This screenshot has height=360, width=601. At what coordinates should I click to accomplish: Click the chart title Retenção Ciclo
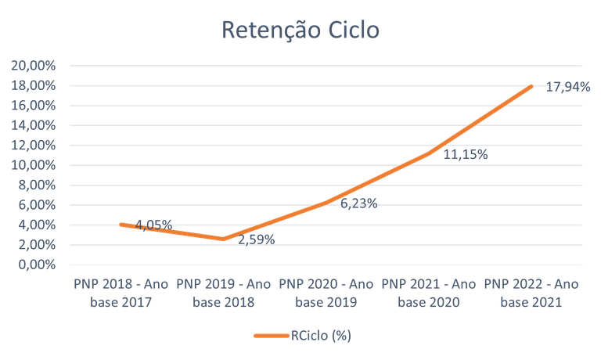click(300, 30)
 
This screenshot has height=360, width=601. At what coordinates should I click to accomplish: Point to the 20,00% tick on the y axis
click(34, 65)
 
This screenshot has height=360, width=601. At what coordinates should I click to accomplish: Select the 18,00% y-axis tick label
click(34, 85)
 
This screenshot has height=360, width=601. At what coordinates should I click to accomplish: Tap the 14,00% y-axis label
click(34, 125)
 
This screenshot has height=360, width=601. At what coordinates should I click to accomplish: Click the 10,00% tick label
click(34, 165)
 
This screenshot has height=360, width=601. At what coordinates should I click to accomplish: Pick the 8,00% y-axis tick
click(37, 185)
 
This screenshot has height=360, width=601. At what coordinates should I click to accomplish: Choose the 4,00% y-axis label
click(37, 225)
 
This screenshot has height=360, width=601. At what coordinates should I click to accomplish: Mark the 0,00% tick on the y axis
click(37, 265)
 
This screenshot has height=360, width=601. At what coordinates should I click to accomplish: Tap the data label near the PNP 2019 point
click(256, 238)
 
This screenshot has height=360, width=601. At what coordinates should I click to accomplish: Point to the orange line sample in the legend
click(271, 336)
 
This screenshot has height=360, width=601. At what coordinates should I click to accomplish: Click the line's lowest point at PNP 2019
click(224, 239)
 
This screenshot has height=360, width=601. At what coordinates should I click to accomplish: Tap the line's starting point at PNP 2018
click(121, 224)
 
